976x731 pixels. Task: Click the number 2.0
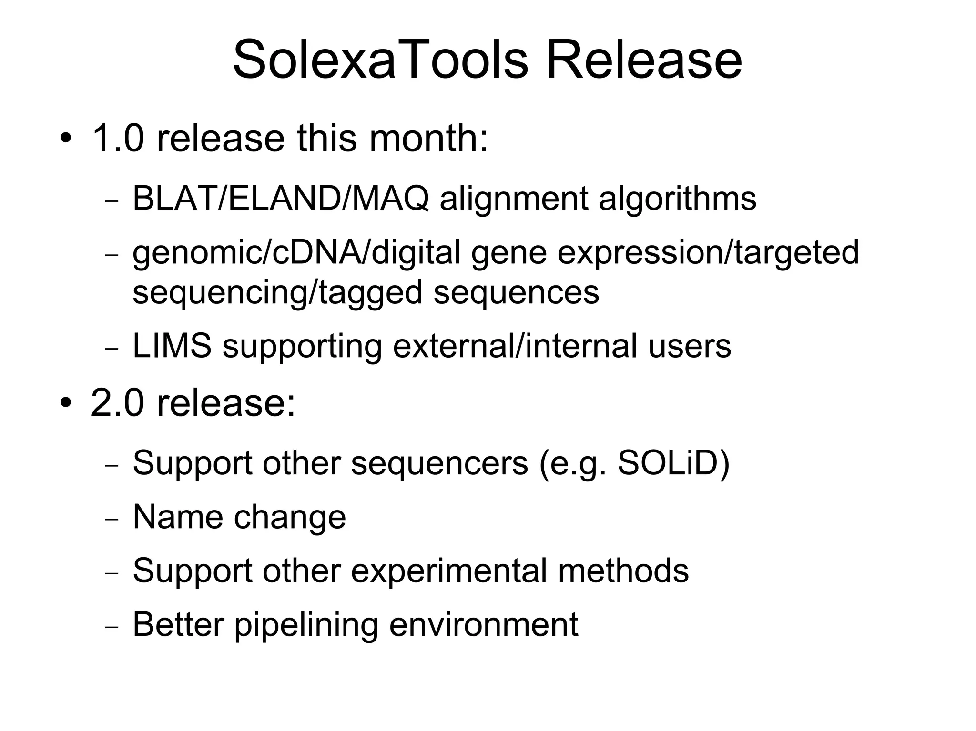coord(117,403)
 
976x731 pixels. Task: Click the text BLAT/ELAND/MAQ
coord(280,198)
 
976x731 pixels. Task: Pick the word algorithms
coord(677,198)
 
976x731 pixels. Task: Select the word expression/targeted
coord(708,252)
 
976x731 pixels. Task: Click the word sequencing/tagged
coord(277,292)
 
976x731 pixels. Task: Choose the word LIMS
coord(172,346)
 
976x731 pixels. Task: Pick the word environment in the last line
coord(483,624)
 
